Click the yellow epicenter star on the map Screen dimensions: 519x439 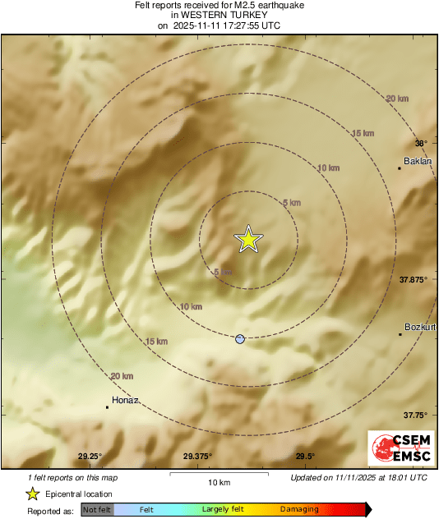pos(248,239)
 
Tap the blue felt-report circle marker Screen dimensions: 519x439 pos(240,338)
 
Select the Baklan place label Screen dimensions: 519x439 pos(418,161)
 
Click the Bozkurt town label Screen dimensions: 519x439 pos(420,327)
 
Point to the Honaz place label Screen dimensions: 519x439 pos(124,400)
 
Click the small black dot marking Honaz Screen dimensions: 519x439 pos(108,406)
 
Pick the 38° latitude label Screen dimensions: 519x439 pos(421,142)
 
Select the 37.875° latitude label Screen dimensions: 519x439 pos(414,280)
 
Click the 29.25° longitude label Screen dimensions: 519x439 pos(90,457)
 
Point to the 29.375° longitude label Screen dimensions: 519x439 pos(197,457)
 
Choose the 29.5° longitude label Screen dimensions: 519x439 pos(305,457)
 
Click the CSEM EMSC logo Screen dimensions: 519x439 pos(398,449)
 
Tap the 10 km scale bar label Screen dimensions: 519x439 pos(219,482)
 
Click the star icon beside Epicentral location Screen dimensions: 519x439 pos(32,494)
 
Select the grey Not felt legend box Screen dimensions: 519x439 pos(98,509)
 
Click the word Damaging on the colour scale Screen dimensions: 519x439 pos(299,509)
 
